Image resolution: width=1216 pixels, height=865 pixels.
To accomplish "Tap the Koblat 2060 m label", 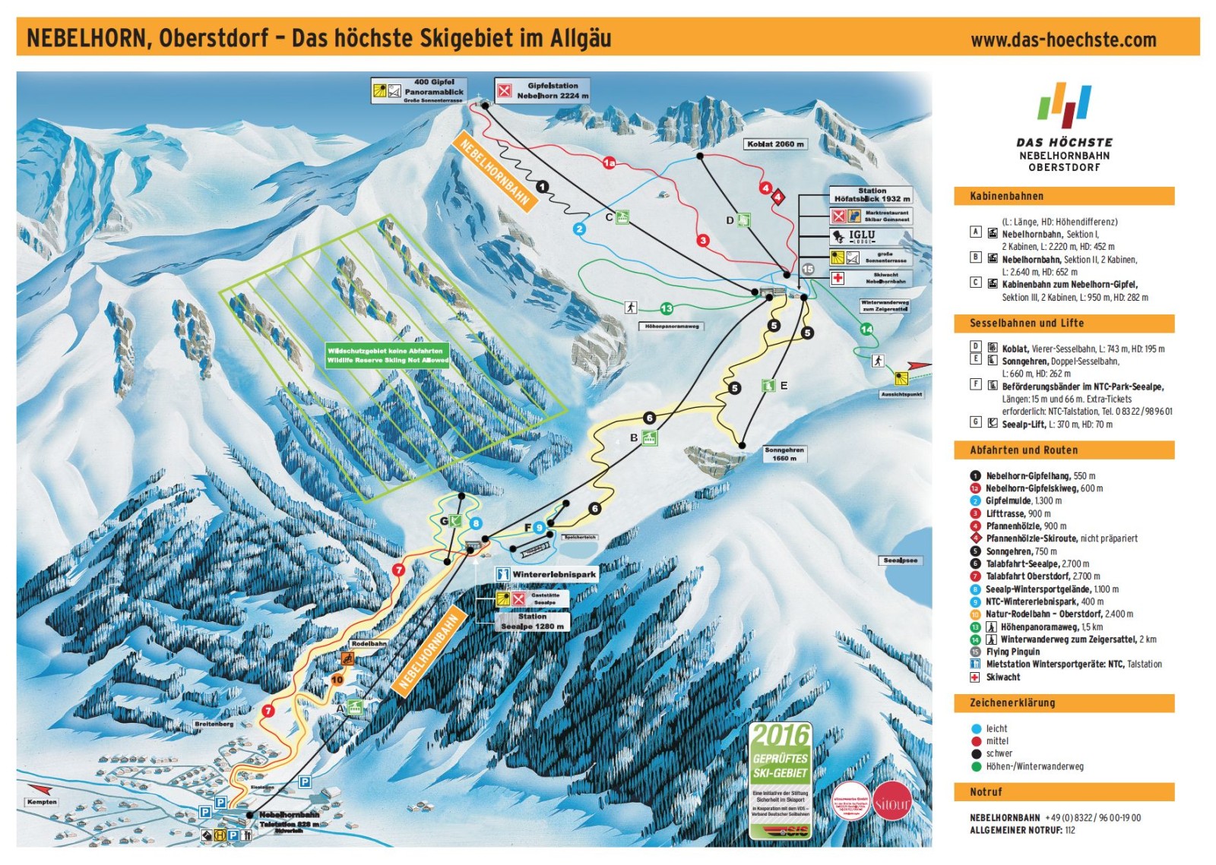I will coord(775,144).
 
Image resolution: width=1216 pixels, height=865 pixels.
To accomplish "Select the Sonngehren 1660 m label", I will coord(784,454).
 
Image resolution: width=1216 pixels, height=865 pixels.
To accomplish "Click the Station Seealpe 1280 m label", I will coord(532,621).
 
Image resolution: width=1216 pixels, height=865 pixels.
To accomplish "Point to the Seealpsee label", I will coord(900,560).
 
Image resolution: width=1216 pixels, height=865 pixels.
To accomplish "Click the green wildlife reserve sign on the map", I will coord(388,355).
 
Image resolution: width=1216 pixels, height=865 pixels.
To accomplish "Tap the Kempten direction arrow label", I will coord(42,801).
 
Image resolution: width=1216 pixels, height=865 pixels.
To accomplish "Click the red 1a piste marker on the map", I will coord(609,163).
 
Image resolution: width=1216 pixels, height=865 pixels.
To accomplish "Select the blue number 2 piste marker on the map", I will coord(580,229).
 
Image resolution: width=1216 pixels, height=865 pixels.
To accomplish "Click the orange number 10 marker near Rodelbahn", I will coord(337,680).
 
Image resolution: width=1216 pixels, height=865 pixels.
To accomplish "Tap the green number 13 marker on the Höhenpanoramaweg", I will coord(667,308).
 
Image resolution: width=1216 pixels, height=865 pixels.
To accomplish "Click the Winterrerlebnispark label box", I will coord(547,574).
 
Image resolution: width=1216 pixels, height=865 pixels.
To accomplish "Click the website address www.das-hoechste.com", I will coord(1063,40).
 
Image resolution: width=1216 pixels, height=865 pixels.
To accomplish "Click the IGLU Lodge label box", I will coord(870,236).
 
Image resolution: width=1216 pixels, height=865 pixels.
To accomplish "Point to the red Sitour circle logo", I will coord(891,801).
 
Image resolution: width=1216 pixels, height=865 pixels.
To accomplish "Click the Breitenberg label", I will coord(214,724).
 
